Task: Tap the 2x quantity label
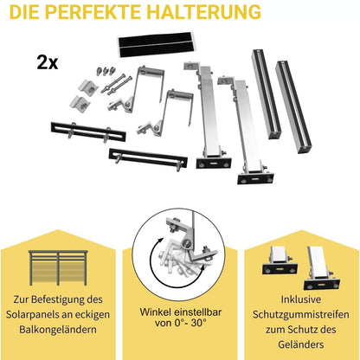click(x=48, y=62)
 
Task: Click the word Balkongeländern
click(x=61, y=330)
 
